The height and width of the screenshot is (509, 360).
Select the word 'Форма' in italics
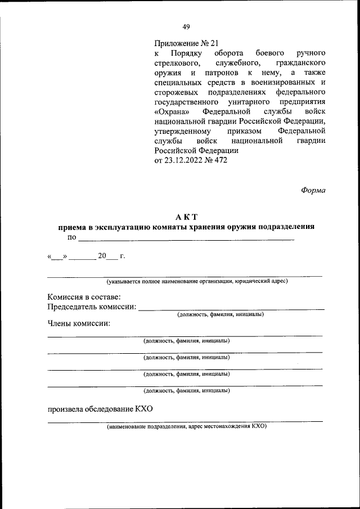pyautogui.click(x=313, y=190)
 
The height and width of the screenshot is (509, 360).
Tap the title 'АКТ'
pyautogui.click(x=186, y=217)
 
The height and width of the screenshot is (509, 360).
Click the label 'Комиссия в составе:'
pyautogui.click(x=84, y=296)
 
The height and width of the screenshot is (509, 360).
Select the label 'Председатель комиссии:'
pyautogui.click(x=92, y=307)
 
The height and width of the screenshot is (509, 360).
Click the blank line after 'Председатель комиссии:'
pyautogui.click(x=231, y=309)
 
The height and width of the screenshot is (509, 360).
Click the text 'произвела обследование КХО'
pyautogui.click(x=100, y=409)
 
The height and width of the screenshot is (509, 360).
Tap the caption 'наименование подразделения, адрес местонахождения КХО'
pyautogui.click(x=187, y=426)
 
